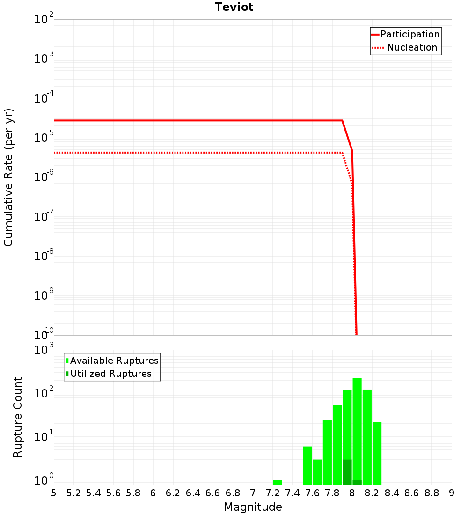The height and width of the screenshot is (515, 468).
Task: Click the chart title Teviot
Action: point(234,7)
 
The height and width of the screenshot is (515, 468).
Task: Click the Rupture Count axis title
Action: point(18,417)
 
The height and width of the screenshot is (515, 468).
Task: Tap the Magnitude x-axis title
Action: point(253,507)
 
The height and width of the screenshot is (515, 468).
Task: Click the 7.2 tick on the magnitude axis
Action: point(272,493)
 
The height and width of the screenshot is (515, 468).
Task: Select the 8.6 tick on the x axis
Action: point(412,493)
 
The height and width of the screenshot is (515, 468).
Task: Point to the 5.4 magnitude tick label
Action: point(94,493)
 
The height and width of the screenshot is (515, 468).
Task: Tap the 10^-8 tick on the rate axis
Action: point(44,257)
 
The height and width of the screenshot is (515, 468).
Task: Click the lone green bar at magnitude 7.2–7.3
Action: point(278,482)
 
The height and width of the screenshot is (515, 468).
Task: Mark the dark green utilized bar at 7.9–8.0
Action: point(347,472)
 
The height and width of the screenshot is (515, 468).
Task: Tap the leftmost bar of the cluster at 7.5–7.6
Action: point(307,465)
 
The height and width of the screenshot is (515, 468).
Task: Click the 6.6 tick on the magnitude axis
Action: point(212,493)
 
